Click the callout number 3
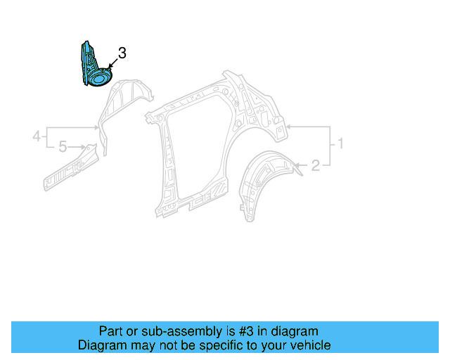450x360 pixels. click(x=122, y=53)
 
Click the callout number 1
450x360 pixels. click(x=340, y=144)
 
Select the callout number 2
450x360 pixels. click(x=316, y=166)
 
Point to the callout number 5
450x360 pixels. click(x=62, y=147)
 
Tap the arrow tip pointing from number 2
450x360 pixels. click(x=295, y=166)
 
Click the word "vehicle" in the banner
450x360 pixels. click(x=309, y=345)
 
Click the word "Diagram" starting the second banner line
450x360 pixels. click(x=102, y=345)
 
